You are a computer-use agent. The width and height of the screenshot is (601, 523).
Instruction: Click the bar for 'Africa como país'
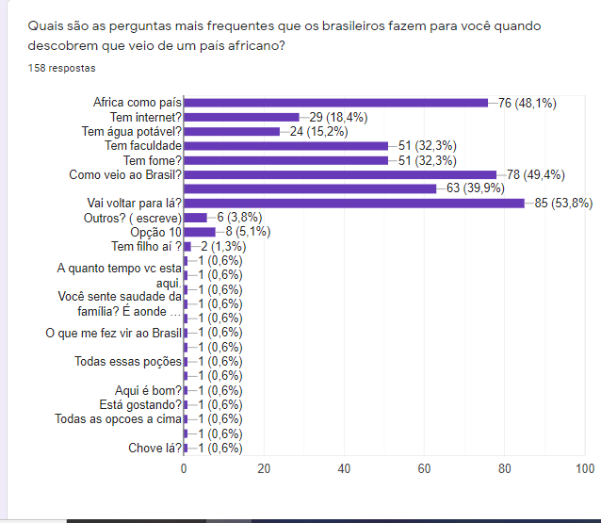click(335, 103)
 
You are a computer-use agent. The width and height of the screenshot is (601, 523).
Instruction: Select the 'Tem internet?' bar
click(241, 117)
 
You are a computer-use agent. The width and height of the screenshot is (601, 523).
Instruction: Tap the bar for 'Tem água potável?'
click(232, 131)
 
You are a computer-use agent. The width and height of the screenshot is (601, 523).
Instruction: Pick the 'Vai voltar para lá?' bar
click(353, 203)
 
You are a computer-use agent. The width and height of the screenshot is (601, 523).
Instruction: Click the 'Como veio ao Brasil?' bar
click(339, 174)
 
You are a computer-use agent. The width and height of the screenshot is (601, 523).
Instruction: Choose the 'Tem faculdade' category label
click(143, 146)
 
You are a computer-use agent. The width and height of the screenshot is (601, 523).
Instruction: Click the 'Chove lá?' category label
click(154, 448)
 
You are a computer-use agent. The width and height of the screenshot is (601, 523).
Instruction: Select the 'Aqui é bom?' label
click(149, 390)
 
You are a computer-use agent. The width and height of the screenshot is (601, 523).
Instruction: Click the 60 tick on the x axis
click(425, 469)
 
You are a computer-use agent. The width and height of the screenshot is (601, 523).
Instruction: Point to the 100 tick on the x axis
click(585, 469)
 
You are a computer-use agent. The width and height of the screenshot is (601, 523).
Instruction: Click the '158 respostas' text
click(62, 69)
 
